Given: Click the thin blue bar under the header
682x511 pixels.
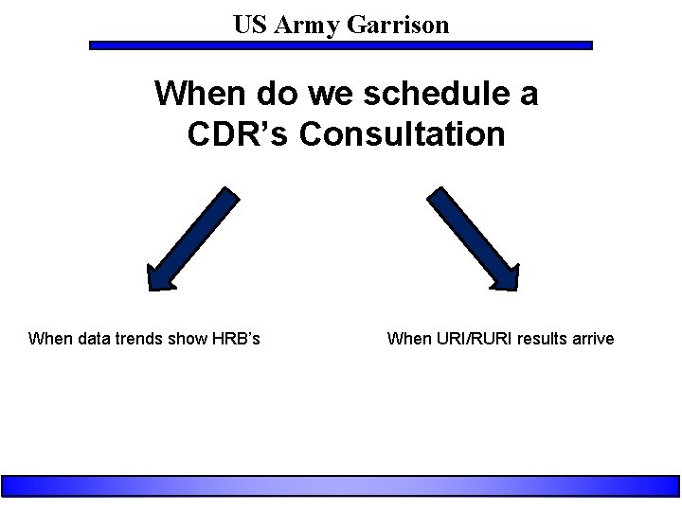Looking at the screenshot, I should tap(340, 44).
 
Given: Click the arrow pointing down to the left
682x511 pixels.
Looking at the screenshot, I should tap(193, 238).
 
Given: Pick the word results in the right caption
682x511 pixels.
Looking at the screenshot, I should tap(540, 339).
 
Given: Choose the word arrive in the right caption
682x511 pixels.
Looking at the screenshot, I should tap(592, 339).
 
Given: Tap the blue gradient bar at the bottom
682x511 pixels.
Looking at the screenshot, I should tap(340, 485).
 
